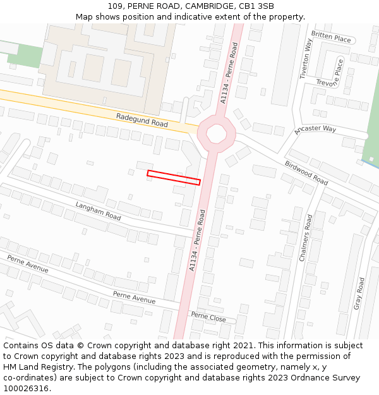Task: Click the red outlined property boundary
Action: coord(174,178)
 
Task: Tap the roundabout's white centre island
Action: coord(216,133)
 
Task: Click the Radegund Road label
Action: coord(142,120)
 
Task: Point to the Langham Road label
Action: coord(98,211)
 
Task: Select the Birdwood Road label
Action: coord(306,172)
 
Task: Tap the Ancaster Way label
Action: coord(315,130)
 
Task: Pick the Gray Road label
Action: coord(359,293)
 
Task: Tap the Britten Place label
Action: coord(331,38)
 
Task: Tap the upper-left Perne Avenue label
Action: coord(28,264)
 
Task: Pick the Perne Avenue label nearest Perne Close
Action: coord(134,297)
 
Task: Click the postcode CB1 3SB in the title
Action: coord(258,6)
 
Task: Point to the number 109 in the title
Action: coord(115,6)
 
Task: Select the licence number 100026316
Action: coord(27,389)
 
